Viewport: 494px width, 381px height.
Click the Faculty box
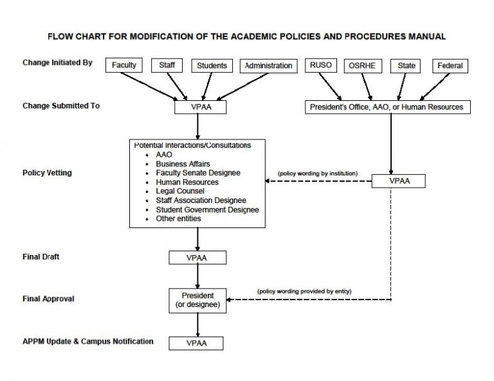(124, 66)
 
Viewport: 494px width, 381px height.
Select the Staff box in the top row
(167, 66)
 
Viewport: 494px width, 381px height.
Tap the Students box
(212, 66)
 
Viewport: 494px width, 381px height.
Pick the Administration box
(268, 66)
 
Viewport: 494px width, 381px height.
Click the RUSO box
(321, 66)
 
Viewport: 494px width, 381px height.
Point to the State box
(407, 66)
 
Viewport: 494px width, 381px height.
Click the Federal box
(450, 66)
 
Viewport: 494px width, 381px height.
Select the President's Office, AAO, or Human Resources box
(387, 107)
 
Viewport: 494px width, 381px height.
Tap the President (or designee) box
(197, 300)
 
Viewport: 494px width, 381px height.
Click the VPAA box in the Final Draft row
(197, 258)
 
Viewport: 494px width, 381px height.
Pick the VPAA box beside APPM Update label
(197, 343)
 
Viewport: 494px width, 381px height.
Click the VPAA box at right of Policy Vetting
(399, 181)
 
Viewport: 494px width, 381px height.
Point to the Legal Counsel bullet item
(180, 191)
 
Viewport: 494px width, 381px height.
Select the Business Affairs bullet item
(183, 164)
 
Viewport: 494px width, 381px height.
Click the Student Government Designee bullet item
(207, 209)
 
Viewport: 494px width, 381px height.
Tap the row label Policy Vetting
(47, 173)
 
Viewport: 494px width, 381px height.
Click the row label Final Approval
(48, 299)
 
